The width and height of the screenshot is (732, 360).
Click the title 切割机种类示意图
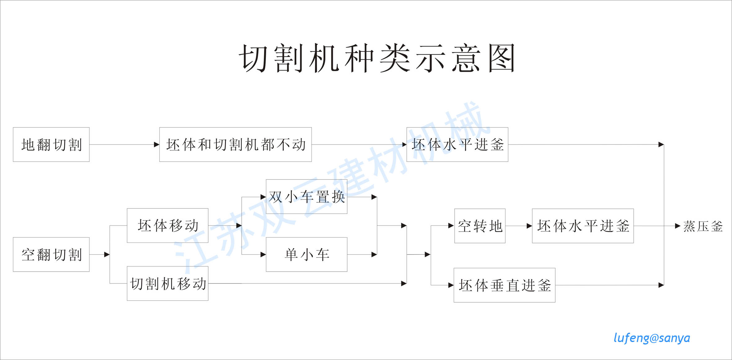(x=377, y=58)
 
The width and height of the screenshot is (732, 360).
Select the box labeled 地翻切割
(x=51, y=144)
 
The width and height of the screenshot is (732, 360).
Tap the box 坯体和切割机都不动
(x=235, y=144)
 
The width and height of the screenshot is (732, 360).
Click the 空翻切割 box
(x=51, y=255)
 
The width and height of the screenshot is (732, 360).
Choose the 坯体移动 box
(x=167, y=225)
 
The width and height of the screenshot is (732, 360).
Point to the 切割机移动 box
(x=167, y=283)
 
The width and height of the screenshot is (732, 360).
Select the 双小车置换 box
(x=306, y=197)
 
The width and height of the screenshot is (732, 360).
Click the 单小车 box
(x=306, y=255)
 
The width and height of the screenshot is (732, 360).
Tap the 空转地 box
(x=480, y=226)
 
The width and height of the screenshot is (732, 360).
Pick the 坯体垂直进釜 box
(x=504, y=285)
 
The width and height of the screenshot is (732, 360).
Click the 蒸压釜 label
(x=703, y=226)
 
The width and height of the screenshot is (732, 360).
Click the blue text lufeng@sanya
(x=652, y=338)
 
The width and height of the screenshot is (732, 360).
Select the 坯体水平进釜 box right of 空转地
(x=583, y=226)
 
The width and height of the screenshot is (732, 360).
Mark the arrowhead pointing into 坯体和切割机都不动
(x=157, y=144)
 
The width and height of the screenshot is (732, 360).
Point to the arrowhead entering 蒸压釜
(x=677, y=226)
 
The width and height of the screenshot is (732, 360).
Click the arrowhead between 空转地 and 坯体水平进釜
(x=529, y=226)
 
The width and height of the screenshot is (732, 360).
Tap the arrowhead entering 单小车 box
(x=263, y=255)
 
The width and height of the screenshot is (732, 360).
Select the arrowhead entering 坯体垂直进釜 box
(x=451, y=285)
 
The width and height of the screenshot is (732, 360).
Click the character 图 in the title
(x=502, y=58)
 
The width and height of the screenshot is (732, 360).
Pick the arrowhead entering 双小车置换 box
(x=263, y=197)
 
